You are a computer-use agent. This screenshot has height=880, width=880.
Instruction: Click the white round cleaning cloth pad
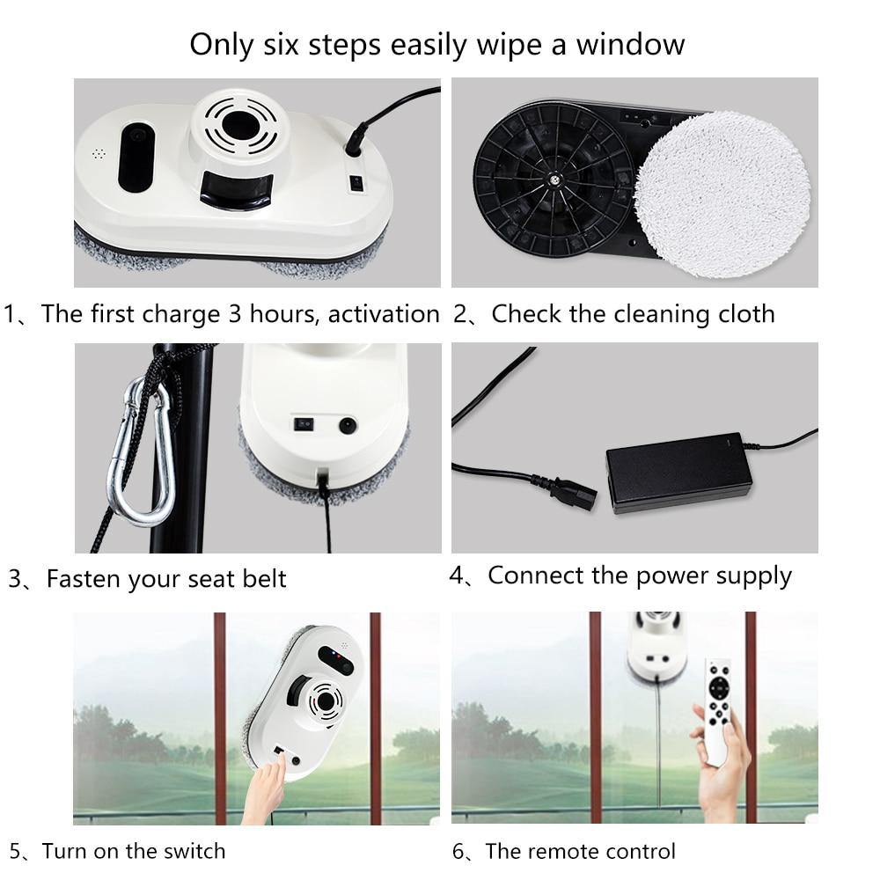tap(722, 194)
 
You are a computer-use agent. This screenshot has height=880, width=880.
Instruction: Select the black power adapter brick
tap(678, 473)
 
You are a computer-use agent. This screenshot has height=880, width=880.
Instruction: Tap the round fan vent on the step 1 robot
tap(240, 125)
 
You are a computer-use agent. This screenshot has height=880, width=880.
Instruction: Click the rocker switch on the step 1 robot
tap(356, 184)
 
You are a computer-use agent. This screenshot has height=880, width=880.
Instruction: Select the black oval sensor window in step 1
tap(136, 158)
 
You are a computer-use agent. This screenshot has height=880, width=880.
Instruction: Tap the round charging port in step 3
tap(348, 425)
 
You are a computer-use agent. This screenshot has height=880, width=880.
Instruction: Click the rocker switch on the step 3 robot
tap(304, 424)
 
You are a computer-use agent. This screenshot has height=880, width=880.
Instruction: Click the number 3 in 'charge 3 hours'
tap(235, 314)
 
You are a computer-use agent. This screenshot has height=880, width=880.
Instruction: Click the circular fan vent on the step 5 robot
tap(323, 701)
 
